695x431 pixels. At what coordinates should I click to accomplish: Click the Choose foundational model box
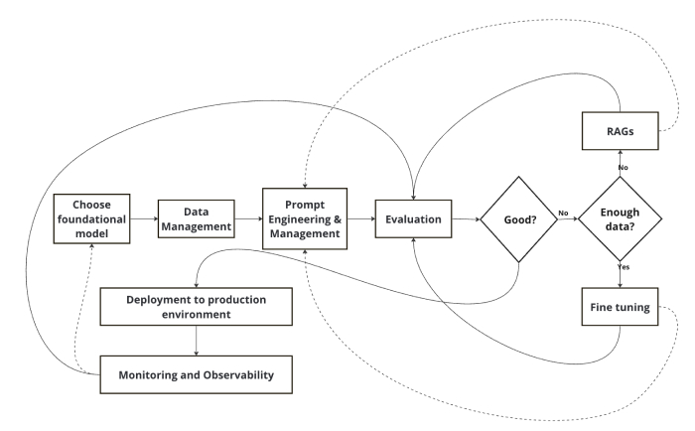click(x=92, y=218)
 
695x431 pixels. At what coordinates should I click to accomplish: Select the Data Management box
click(x=196, y=218)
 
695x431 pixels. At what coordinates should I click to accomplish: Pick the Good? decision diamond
click(x=516, y=218)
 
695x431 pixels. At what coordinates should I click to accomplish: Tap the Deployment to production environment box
click(x=197, y=307)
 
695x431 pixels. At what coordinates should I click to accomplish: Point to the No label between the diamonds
click(x=562, y=213)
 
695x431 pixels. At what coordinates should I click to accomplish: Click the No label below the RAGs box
click(x=624, y=167)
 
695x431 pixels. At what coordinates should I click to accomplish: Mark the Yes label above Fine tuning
click(x=624, y=268)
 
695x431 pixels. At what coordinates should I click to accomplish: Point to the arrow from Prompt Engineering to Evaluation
click(x=358, y=218)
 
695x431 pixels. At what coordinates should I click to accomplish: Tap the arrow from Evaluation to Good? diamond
click(x=465, y=218)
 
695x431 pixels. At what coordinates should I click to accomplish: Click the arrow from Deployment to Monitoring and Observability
click(x=197, y=340)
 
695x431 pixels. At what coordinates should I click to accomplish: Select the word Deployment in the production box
click(x=159, y=299)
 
